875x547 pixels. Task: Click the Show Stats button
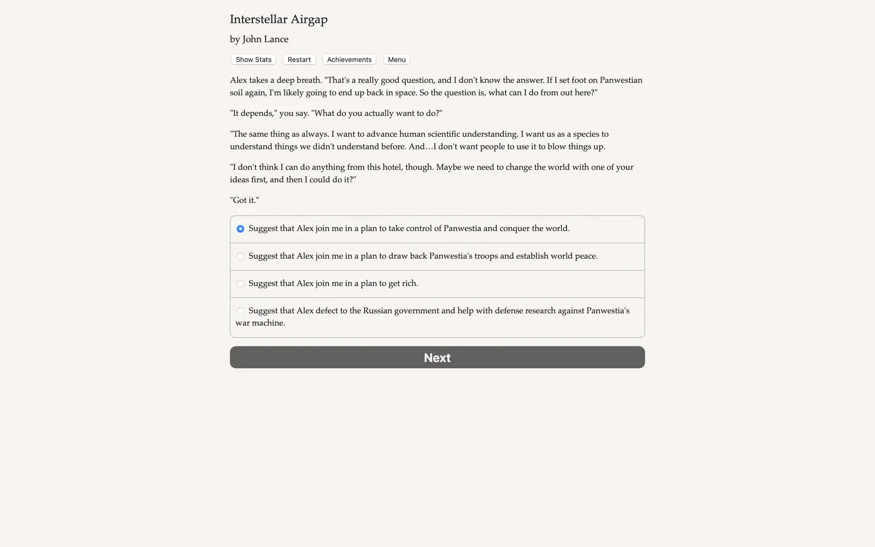click(253, 60)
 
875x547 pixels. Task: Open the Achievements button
click(349, 60)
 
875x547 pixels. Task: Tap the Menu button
click(396, 60)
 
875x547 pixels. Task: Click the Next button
click(437, 358)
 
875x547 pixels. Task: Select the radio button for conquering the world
click(241, 229)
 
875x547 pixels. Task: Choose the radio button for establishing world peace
click(241, 256)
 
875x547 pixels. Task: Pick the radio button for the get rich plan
click(241, 284)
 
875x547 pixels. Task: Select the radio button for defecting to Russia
click(241, 311)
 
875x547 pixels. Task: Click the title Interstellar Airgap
click(279, 19)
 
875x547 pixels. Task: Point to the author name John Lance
click(265, 40)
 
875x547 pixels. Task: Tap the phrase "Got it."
click(244, 200)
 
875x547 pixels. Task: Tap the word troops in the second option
click(486, 256)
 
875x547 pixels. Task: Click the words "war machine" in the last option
click(260, 323)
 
